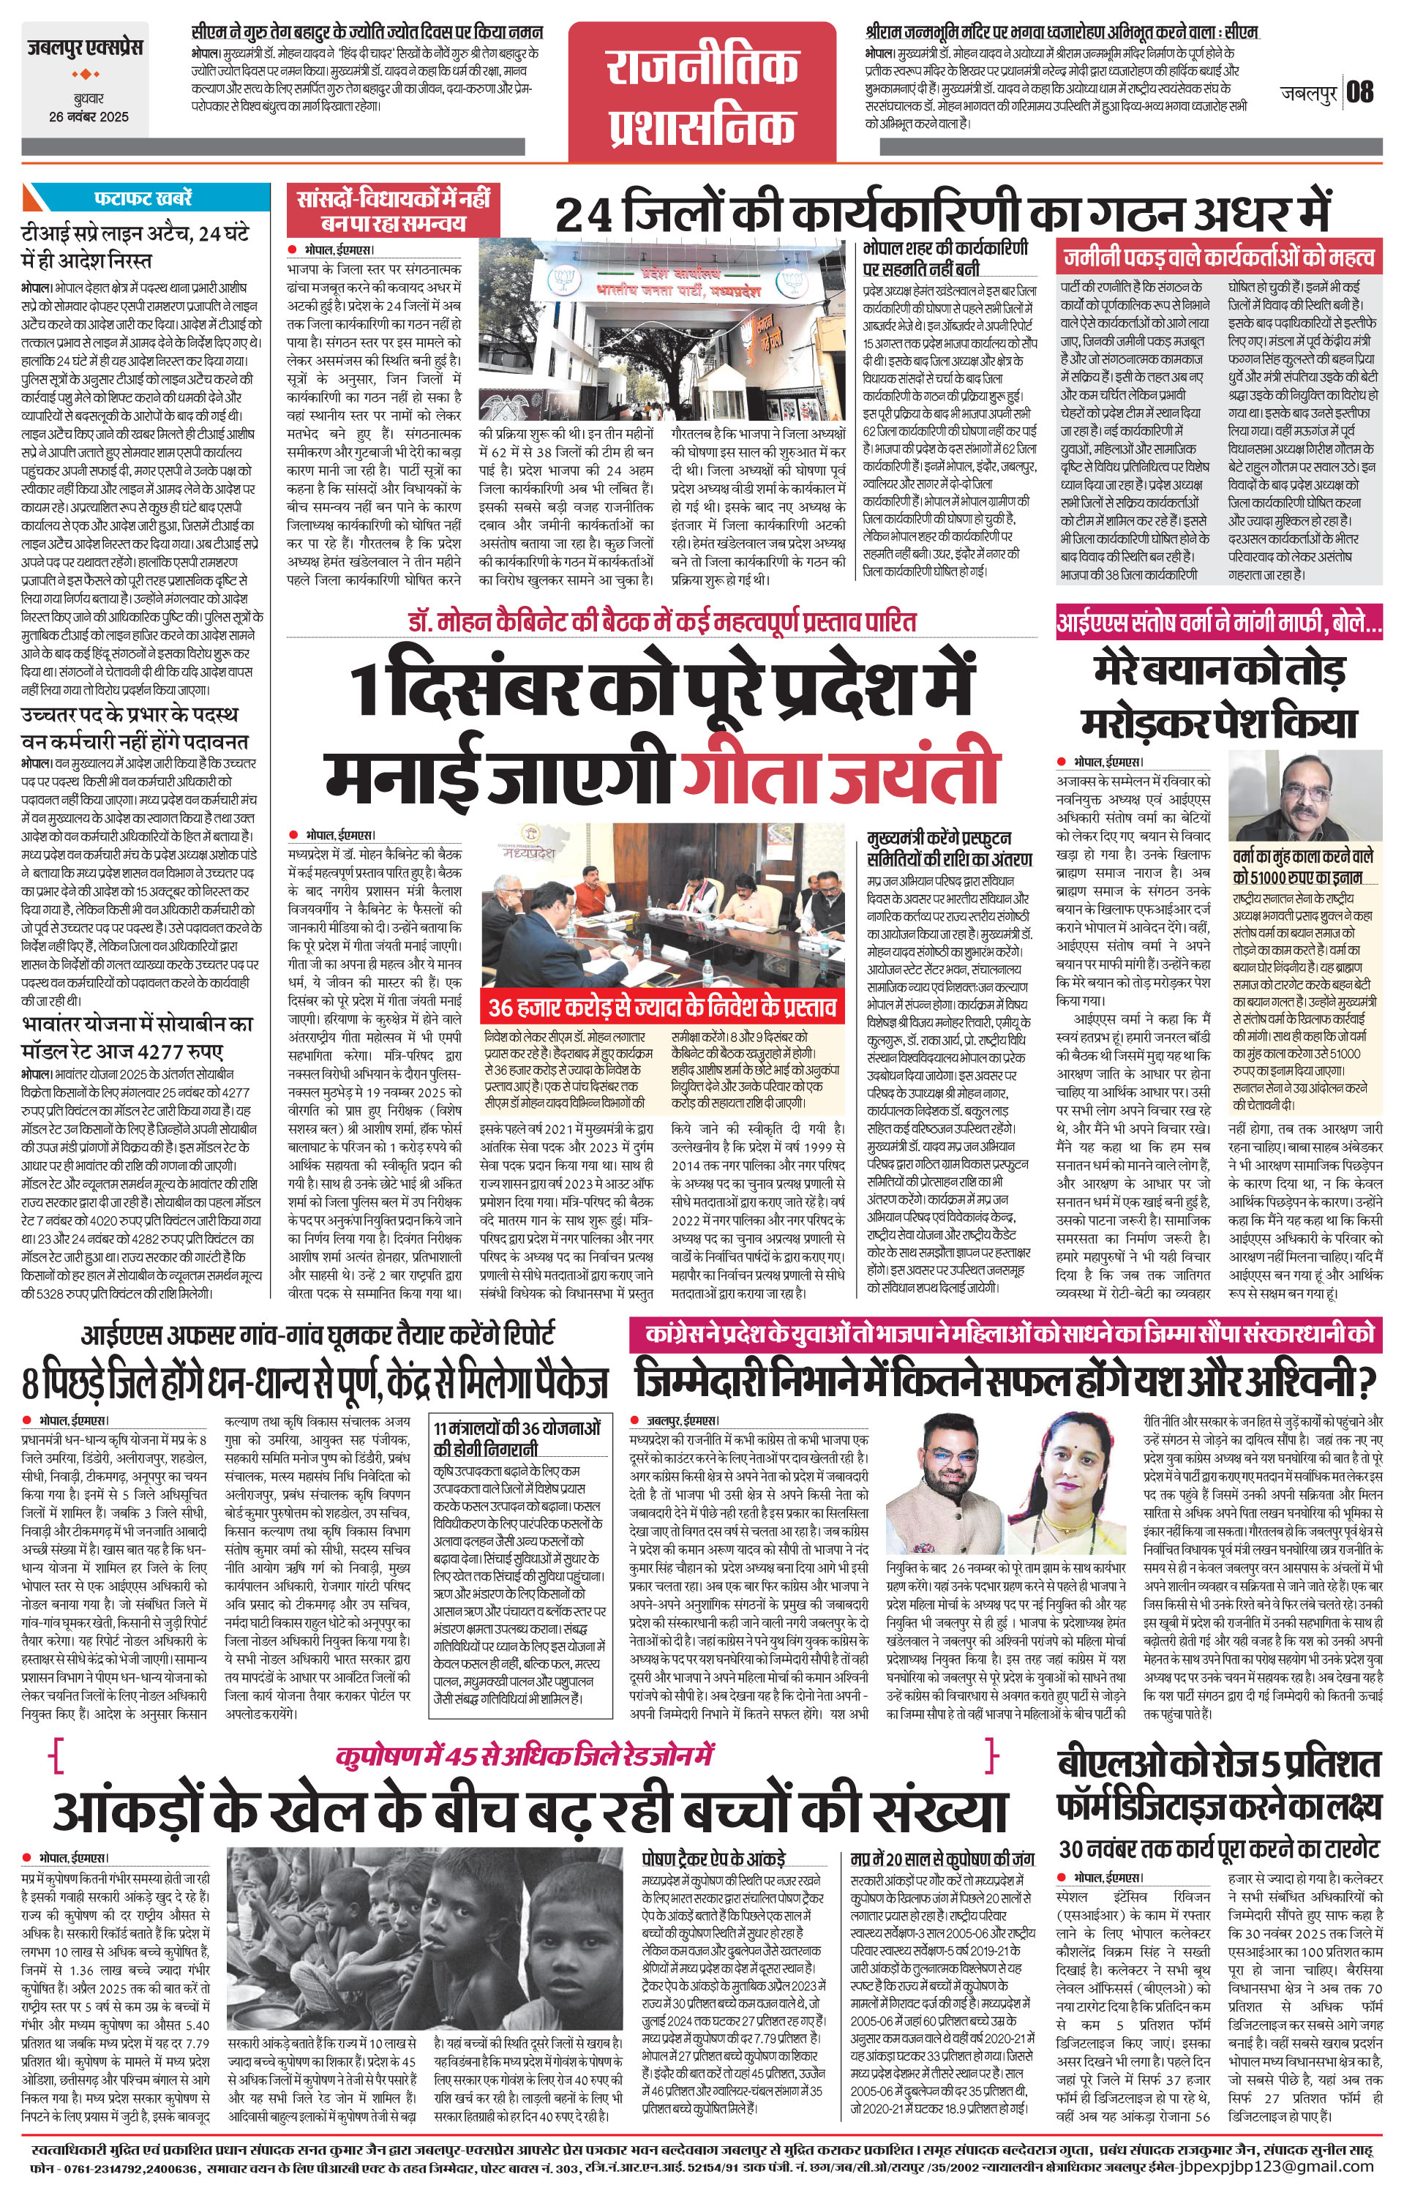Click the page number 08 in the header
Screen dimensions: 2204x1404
pos(1360,91)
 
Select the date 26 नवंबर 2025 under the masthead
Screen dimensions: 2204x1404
pos(89,117)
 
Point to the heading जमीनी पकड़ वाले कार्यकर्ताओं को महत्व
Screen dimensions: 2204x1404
pos(1218,255)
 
